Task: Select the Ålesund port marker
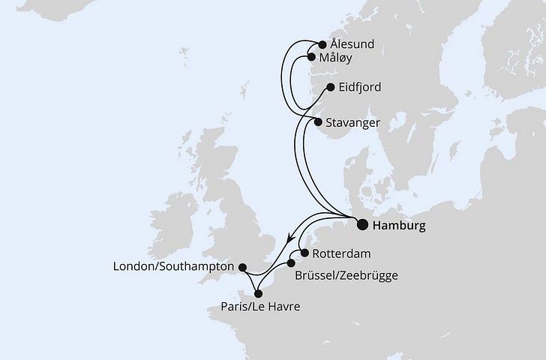coord(323,44)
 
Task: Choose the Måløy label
coord(337,58)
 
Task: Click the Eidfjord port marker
coord(330,88)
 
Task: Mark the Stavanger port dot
coord(319,121)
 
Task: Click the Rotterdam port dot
coord(304,253)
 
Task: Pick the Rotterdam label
coord(342,253)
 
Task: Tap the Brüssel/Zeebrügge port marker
coord(291,263)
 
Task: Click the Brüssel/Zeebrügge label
coord(346,275)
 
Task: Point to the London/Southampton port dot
coord(241,266)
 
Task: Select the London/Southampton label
coord(174,266)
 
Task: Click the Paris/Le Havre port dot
coord(259,293)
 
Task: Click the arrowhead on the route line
coord(289,239)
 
